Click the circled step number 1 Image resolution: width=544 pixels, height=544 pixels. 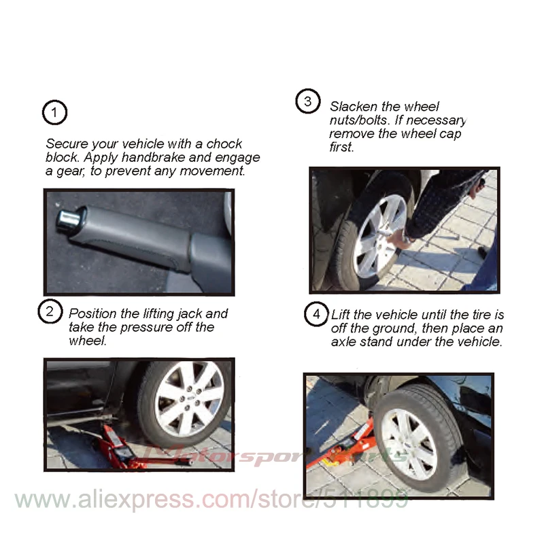pyautogui.click(x=54, y=112)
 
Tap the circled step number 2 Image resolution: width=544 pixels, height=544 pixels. pyautogui.click(x=50, y=311)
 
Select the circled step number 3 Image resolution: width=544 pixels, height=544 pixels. pyautogui.click(x=308, y=101)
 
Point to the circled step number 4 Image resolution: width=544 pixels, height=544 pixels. pyautogui.click(x=316, y=314)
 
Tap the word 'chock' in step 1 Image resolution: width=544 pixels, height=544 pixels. pyautogui.click(x=224, y=143)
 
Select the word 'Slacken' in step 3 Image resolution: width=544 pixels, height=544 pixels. pyautogui.click(x=353, y=107)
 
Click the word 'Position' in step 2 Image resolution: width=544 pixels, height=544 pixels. pyautogui.click(x=92, y=313)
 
